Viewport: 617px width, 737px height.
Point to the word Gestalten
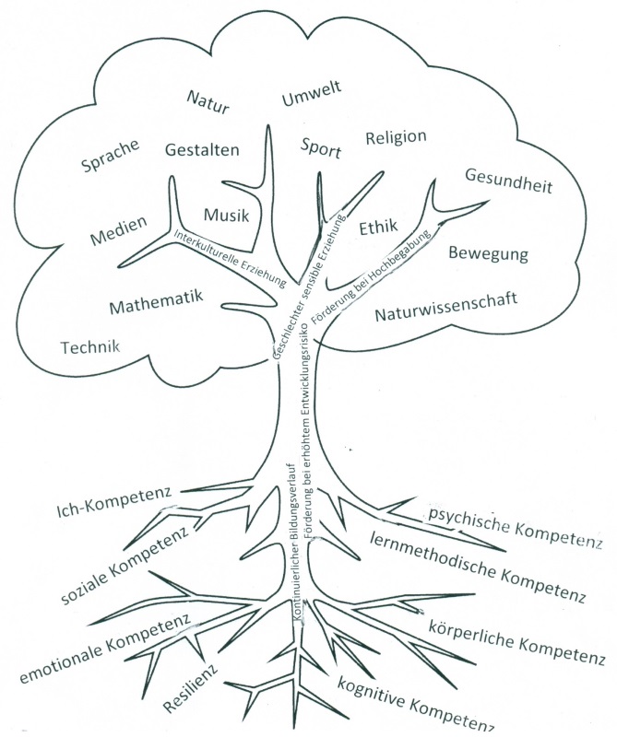(x=202, y=148)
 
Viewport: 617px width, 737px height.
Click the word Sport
(x=321, y=148)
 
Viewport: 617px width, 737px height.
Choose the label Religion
(x=396, y=138)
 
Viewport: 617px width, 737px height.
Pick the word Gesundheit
(x=508, y=181)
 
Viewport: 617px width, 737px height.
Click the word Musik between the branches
(x=227, y=215)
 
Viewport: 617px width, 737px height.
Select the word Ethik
(x=378, y=227)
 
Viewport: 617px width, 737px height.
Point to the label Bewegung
(x=488, y=252)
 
